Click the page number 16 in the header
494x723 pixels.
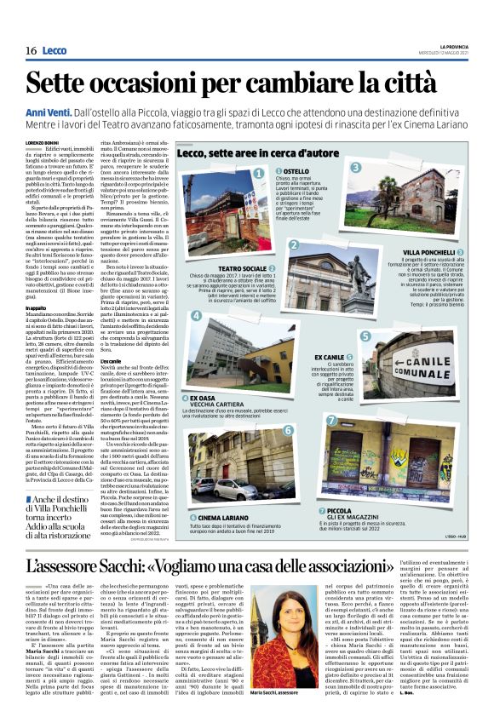pos(30,51)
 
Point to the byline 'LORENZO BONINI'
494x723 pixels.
pos(42,142)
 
